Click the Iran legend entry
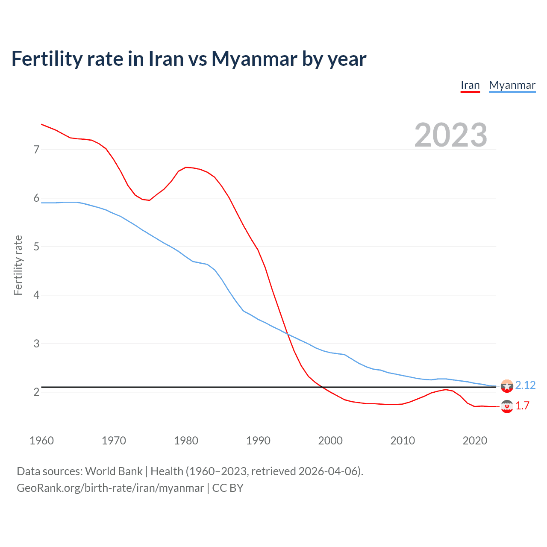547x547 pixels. pyautogui.click(x=470, y=85)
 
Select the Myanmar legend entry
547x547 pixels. pyautogui.click(x=512, y=85)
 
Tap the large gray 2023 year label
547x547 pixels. pyautogui.click(x=451, y=135)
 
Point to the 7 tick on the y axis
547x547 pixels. pyautogui.click(x=36, y=150)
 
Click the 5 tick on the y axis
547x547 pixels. pyautogui.click(x=36, y=247)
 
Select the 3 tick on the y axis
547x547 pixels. pyautogui.click(x=36, y=344)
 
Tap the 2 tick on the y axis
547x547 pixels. pyautogui.click(x=36, y=392)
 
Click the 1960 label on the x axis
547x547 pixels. pyautogui.click(x=41, y=441)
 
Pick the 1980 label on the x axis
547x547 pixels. pyautogui.click(x=186, y=441)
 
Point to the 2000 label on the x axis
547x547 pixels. pyautogui.click(x=330, y=441)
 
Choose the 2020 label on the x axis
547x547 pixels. pyautogui.click(x=475, y=441)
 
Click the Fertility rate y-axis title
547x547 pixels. pyautogui.click(x=18, y=265)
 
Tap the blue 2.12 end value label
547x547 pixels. pyautogui.click(x=525, y=385)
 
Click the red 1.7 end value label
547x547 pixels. pyautogui.click(x=522, y=406)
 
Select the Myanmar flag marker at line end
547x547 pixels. pyautogui.click(x=507, y=386)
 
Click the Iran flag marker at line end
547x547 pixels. pyautogui.click(x=507, y=406)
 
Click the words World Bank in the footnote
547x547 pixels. pyautogui.click(x=114, y=471)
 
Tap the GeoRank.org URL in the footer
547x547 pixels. pyautogui.click(x=110, y=488)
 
